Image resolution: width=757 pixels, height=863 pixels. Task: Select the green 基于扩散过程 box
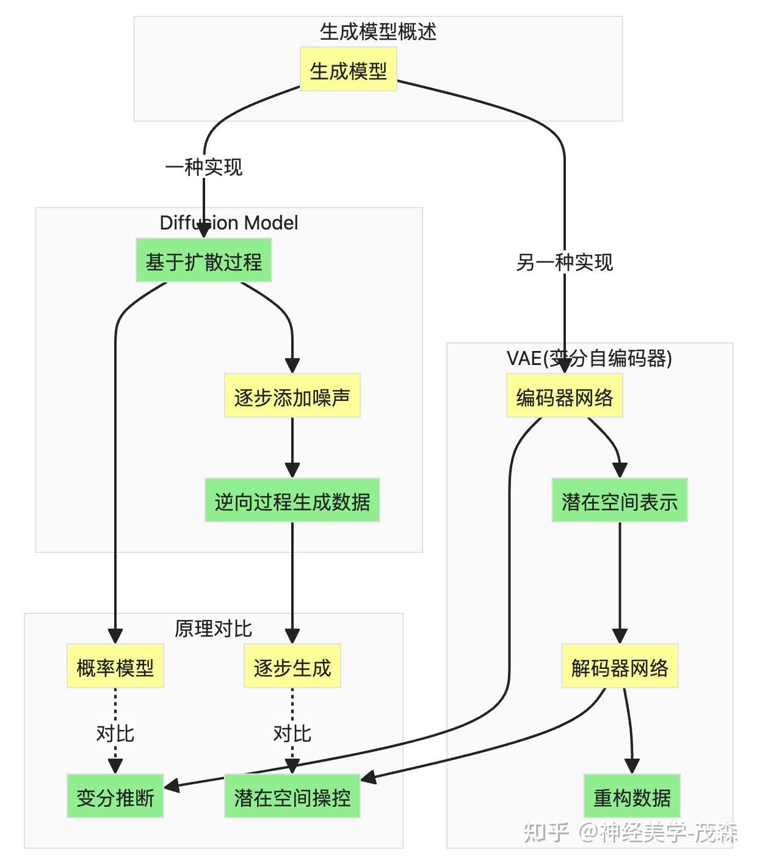(x=203, y=262)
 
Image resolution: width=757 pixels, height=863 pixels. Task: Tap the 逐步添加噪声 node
(x=292, y=397)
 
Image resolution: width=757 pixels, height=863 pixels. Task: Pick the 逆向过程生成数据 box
(x=292, y=501)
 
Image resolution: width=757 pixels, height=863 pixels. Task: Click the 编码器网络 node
(x=564, y=397)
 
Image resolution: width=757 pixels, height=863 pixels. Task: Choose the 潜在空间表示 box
(x=619, y=501)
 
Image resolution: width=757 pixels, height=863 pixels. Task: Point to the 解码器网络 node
(x=619, y=667)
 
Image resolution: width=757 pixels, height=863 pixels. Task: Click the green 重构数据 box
(x=631, y=797)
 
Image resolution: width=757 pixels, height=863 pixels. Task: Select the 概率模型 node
(x=115, y=667)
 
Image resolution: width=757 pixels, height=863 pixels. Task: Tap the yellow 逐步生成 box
(x=292, y=667)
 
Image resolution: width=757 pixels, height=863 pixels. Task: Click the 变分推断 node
(x=115, y=797)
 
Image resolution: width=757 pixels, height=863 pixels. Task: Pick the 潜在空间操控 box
(x=292, y=797)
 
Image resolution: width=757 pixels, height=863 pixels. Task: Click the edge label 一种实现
(x=203, y=167)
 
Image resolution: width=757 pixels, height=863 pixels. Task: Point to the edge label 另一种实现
(x=564, y=262)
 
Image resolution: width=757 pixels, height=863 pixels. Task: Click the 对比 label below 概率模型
(x=115, y=733)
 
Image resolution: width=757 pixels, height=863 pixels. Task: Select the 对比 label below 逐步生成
(x=292, y=733)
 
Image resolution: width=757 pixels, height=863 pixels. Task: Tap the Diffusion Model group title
(x=228, y=223)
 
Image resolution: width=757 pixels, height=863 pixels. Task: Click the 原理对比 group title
(x=213, y=629)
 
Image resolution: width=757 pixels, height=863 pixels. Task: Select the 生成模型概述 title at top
(x=378, y=32)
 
